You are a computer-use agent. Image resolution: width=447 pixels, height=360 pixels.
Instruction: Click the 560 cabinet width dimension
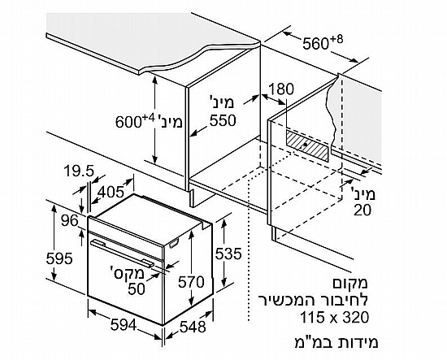pyautogui.click(x=323, y=42)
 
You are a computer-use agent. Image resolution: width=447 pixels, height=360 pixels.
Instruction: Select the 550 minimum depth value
pyautogui.click(x=223, y=120)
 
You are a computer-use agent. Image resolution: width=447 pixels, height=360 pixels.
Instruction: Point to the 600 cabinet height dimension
pyautogui.click(x=135, y=121)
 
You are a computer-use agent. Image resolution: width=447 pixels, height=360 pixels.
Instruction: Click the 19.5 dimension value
pyautogui.click(x=79, y=171)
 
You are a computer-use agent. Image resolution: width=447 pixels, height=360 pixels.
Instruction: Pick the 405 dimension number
pyautogui.click(x=111, y=192)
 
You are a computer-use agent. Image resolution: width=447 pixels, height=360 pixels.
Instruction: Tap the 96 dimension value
pyautogui.click(x=70, y=220)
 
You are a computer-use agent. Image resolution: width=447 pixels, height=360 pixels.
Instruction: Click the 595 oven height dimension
pyautogui.click(x=59, y=258)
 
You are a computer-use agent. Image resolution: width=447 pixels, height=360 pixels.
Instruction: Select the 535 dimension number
pyautogui.click(x=228, y=254)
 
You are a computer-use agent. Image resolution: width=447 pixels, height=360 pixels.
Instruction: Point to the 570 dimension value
pyautogui.click(x=191, y=282)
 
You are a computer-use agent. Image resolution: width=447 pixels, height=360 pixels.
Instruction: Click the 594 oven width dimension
pyautogui.click(x=124, y=325)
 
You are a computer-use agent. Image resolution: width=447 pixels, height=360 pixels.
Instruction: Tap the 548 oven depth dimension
pyautogui.click(x=193, y=327)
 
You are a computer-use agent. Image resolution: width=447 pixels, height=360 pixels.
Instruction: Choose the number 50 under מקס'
pyautogui.click(x=137, y=288)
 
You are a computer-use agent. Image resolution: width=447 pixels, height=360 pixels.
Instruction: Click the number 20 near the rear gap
pyautogui.click(x=362, y=210)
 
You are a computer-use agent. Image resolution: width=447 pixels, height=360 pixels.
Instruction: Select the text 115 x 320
pyautogui.click(x=335, y=317)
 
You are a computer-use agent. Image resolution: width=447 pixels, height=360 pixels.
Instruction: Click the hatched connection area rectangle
pyautogui.click(x=307, y=145)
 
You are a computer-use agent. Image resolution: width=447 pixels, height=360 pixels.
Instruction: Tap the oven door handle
pyautogui.click(x=122, y=253)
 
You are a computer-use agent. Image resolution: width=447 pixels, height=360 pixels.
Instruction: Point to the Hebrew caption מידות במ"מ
pyautogui.click(x=336, y=342)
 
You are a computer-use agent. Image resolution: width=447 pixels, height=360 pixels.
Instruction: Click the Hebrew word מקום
pyautogui.click(x=350, y=283)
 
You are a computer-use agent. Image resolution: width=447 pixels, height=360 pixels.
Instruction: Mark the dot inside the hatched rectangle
pyautogui.click(x=306, y=145)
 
